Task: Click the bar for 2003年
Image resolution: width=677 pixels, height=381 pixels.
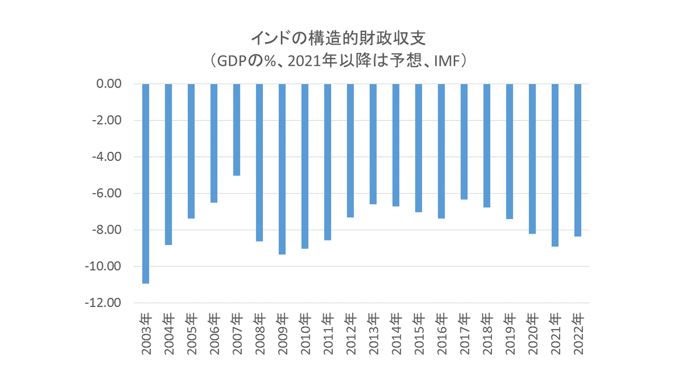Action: [146, 183]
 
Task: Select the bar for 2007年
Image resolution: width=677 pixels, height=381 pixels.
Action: [236, 130]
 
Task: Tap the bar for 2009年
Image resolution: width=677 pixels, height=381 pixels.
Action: [282, 169]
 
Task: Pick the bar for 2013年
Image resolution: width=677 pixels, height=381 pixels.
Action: [373, 144]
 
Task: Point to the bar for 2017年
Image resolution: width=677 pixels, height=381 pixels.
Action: [464, 142]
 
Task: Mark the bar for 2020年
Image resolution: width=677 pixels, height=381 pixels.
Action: [532, 159]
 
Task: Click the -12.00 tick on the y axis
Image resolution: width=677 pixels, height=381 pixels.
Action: [105, 303]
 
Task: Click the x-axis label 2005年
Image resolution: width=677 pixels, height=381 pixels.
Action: [191, 333]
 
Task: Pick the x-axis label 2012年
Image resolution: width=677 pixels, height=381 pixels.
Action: [350, 333]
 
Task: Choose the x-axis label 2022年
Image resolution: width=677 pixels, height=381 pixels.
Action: [578, 333]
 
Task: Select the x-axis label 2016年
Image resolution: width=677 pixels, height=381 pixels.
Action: [441, 333]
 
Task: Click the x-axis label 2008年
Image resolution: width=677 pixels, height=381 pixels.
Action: [260, 333]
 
